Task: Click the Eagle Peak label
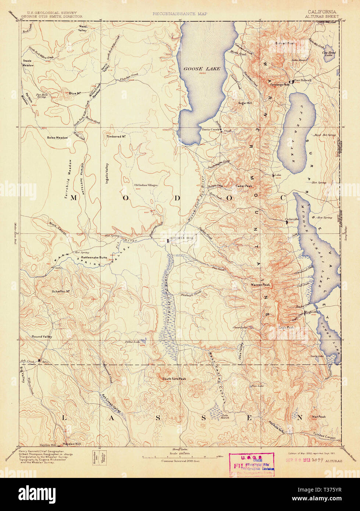click(286, 327)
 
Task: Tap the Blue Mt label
click(75, 93)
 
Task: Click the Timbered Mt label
click(117, 136)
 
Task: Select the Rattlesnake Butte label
click(94, 258)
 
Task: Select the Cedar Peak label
click(244, 186)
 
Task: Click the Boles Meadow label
click(57, 137)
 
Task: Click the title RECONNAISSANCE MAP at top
click(180, 14)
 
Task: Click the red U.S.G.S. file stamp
click(252, 465)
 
